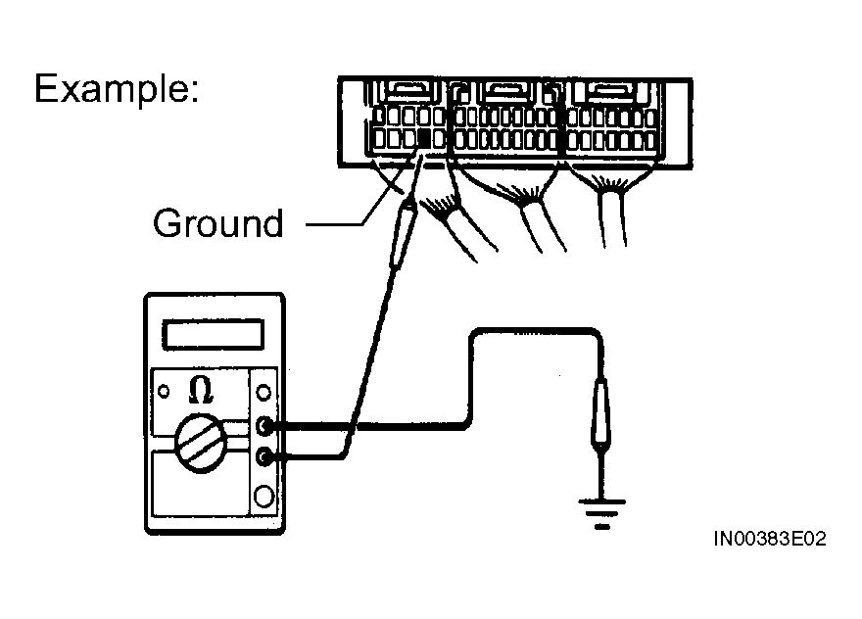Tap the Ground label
[217, 223]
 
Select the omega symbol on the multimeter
[200, 390]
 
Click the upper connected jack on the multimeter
[264, 426]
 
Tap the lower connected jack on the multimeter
[264, 455]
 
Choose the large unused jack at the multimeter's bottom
[263, 497]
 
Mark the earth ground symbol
[600, 509]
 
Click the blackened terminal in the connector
[424, 138]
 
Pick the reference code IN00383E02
[769, 540]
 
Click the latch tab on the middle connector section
[506, 92]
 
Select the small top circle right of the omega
[263, 393]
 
